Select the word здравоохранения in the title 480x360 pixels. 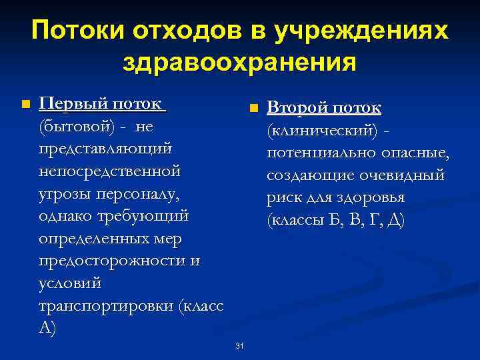click(x=240, y=63)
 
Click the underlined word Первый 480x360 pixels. click(x=72, y=104)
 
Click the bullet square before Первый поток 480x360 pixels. click(x=25, y=105)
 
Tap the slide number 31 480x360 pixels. click(x=240, y=345)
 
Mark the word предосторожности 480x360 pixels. click(x=113, y=261)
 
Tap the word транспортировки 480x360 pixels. click(x=107, y=306)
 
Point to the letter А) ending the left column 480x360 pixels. click(x=48, y=328)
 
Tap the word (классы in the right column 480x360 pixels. click(x=294, y=221)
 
